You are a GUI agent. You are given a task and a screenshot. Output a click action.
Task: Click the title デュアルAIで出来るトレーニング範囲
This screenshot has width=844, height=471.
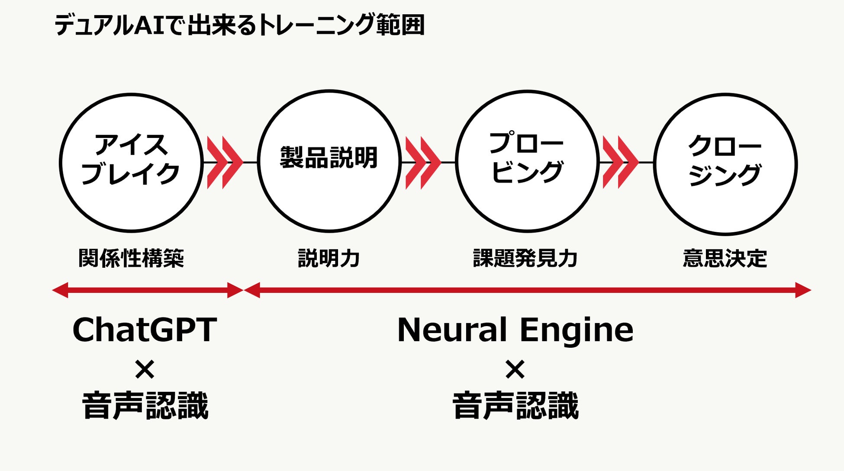click(239, 25)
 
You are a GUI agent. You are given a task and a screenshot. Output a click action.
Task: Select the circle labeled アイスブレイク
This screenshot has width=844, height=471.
click(131, 162)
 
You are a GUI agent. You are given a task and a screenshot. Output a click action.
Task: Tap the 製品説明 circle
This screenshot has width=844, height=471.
click(329, 161)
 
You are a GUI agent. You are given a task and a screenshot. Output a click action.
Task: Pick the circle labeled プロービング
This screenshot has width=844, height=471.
click(527, 161)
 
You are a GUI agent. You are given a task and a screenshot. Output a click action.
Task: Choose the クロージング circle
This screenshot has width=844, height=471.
click(725, 163)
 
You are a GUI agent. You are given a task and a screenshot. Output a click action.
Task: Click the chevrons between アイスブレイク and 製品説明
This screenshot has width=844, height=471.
click(224, 163)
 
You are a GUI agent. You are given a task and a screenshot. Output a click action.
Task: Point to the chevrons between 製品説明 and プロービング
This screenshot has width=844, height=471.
click(422, 163)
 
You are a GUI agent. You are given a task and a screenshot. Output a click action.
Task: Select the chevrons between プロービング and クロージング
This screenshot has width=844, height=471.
click(620, 163)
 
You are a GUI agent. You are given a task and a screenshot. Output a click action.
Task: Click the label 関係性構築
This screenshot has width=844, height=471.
click(131, 258)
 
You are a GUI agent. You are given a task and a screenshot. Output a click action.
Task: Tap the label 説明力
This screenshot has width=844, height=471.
click(329, 258)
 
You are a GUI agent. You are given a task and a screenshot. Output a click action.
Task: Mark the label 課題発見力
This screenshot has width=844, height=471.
click(525, 258)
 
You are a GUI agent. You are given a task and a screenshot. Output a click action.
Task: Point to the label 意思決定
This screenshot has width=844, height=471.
click(725, 258)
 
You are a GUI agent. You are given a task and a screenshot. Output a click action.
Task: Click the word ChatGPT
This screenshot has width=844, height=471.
click(145, 330)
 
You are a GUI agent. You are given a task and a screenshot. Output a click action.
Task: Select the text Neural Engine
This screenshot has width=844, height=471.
click(515, 330)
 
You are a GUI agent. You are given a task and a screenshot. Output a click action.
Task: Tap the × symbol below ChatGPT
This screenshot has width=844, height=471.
click(145, 370)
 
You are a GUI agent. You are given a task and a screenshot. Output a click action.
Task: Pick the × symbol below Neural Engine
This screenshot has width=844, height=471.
click(515, 370)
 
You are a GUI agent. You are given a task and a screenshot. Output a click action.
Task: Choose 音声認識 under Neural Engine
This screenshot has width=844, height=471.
click(515, 405)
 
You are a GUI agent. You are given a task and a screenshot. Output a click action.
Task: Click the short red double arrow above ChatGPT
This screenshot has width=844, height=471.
click(147, 290)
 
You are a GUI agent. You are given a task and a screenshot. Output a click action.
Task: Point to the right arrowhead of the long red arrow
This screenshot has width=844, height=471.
click(803, 290)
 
